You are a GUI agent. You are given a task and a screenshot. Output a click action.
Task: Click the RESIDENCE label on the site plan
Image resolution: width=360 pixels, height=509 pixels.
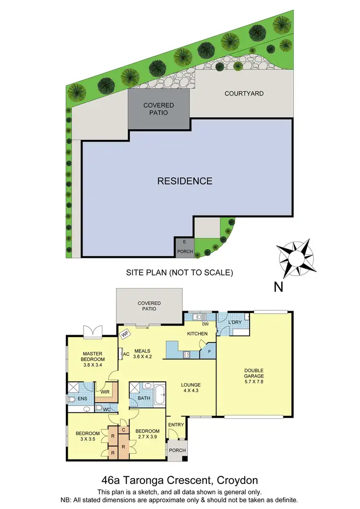pos(185,181)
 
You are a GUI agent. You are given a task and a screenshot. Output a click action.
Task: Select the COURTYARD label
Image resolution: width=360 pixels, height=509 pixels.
pos(244,93)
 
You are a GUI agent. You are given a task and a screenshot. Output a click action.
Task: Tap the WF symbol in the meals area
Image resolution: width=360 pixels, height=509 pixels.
pos(125,332)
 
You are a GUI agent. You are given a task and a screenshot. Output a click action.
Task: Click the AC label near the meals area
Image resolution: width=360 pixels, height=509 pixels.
pos(127,354)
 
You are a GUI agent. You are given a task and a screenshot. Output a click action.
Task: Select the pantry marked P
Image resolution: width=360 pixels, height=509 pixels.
pos(209,351)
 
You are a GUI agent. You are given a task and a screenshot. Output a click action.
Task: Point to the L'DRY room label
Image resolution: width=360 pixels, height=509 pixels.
pos(234,321)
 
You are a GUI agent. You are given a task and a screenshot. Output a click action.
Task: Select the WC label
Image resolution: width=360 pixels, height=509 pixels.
pos(106,410)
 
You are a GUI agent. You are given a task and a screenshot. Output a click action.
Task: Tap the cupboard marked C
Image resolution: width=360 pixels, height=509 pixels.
pos(123,430)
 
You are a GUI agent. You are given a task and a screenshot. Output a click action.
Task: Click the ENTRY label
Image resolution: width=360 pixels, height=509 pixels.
pos(176,424)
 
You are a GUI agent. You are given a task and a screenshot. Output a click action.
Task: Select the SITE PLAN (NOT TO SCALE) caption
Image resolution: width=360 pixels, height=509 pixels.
pos(180,272)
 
